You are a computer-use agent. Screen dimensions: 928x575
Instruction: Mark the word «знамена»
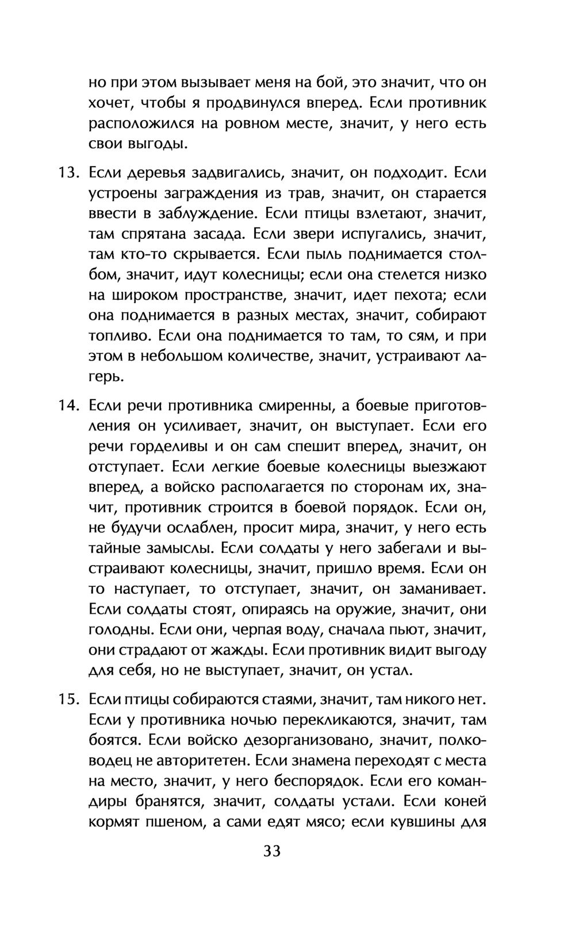[x=330, y=761]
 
